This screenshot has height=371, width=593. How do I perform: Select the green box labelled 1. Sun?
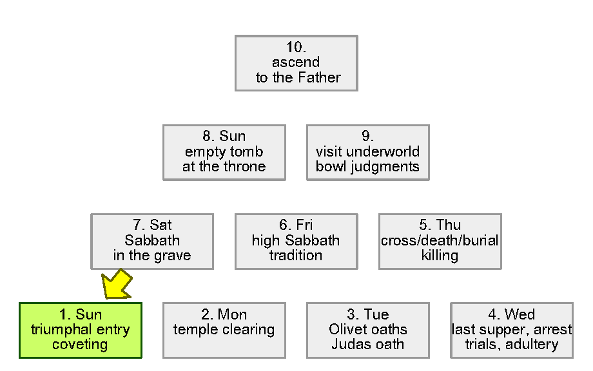tap(80, 330)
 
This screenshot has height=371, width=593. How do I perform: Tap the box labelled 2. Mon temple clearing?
tap(224, 330)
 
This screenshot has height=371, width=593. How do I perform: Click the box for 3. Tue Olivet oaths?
tap(367, 330)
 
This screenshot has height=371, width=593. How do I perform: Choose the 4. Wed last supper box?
tap(511, 330)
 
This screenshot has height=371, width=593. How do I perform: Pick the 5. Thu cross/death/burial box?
tap(440, 241)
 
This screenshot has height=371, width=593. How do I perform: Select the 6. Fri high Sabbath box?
tap(296, 241)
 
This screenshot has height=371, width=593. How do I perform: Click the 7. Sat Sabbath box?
tap(152, 241)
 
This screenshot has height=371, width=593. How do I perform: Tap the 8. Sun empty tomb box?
tap(224, 152)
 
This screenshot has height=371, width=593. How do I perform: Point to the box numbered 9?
tap(367, 152)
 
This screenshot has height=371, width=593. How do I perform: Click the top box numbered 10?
tap(296, 62)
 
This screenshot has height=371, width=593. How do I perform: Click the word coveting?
tap(80, 345)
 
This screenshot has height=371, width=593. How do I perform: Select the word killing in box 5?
tap(440, 256)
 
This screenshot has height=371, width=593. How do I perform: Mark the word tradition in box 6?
tap(296, 256)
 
